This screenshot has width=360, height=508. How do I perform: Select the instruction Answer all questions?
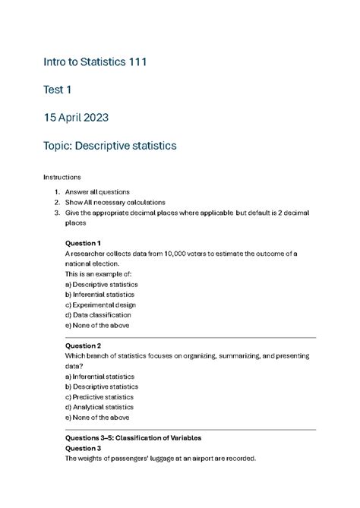coord(97,192)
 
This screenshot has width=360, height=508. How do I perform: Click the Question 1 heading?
coord(84,243)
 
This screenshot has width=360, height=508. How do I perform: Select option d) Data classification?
coord(98,314)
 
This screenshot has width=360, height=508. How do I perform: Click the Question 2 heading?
coord(84,345)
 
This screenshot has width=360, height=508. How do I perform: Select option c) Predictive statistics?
coord(99,396)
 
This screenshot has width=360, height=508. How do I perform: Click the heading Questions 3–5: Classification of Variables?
coord(133,438)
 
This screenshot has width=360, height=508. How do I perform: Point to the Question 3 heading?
coord(84,448)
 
